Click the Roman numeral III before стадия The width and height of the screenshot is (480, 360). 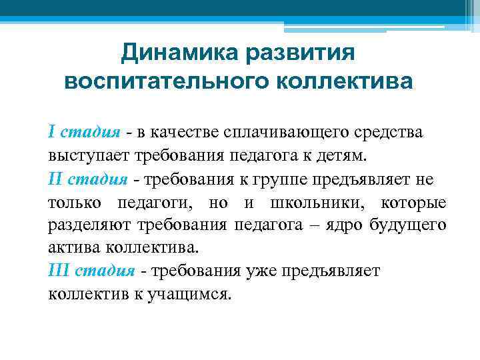pos(57,270)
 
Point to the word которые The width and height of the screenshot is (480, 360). pos(413,202)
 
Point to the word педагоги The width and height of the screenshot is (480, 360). pos(156,202)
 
